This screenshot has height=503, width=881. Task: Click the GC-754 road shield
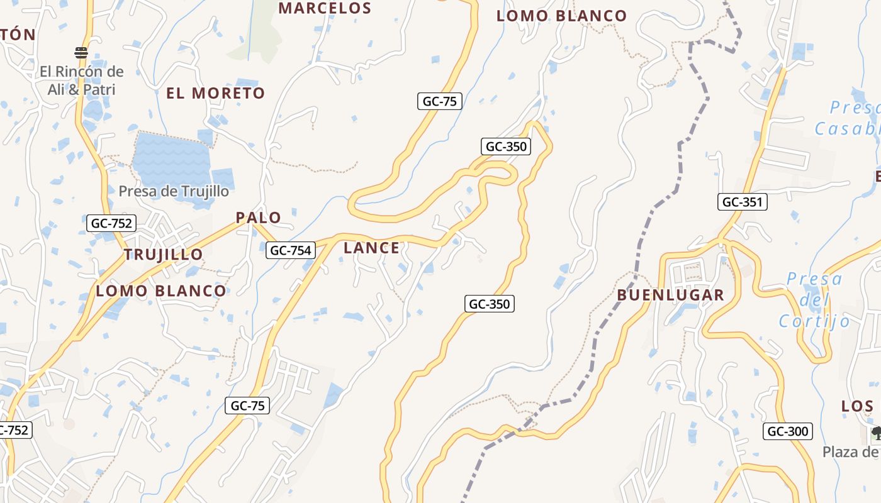click(290, 250)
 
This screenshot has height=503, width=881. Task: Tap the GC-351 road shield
click(743, 202)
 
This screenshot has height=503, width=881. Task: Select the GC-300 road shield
click(788, 431)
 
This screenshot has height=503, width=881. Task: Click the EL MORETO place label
click(215, 93)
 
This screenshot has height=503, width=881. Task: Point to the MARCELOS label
click(325, 8)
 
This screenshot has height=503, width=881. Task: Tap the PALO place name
click(259, 218)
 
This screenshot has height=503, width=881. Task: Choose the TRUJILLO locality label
click(163, 255)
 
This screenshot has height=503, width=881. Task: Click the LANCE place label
click(371, 248)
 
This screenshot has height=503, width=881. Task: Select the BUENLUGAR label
click(670, 295)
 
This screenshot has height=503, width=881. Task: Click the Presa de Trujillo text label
click(174, 191)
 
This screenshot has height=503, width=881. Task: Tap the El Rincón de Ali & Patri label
click(82, 80)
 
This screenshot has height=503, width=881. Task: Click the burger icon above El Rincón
click(81, 52)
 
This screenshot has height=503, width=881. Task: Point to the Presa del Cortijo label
click(814, 300)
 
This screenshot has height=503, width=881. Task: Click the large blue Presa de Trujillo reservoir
click(170, 157)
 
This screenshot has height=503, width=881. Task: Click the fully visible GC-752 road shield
click(111, 223)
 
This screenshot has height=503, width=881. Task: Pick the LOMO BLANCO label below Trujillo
click(160, 290)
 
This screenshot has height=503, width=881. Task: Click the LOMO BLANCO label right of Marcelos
click(561, 16)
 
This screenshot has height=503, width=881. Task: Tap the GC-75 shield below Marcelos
click(440, 101)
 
